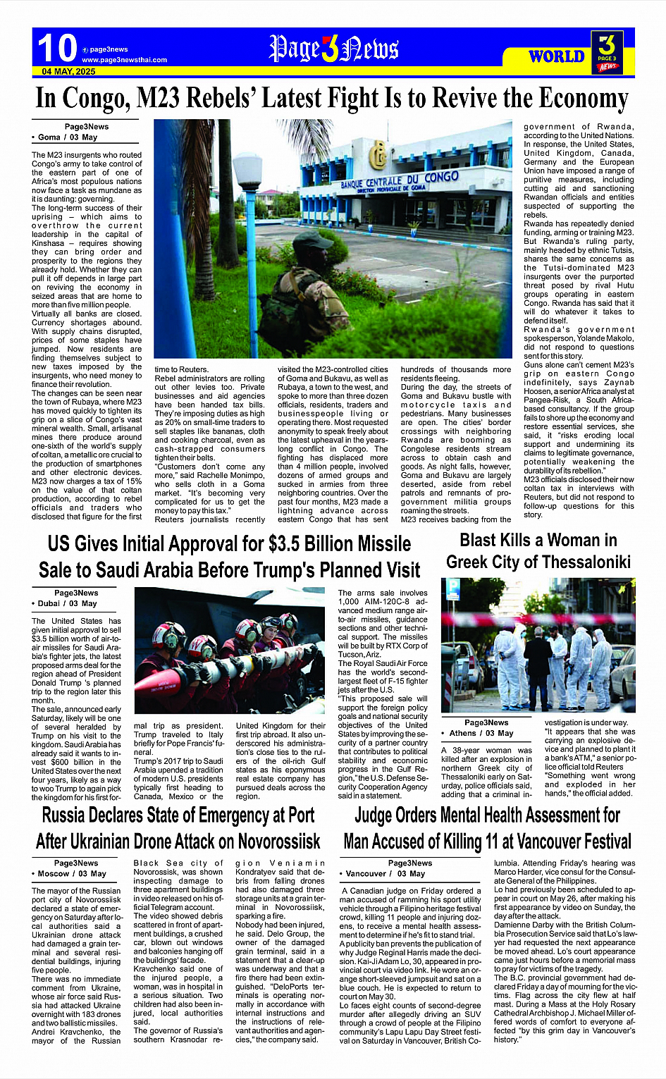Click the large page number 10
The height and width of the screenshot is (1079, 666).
56,48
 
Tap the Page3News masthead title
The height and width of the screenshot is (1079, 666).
334,49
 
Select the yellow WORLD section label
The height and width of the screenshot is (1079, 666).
556,56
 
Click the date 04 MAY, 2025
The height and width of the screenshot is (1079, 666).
68,72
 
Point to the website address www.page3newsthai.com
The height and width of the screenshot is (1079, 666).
124,60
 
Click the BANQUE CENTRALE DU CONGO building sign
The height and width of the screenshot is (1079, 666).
399,180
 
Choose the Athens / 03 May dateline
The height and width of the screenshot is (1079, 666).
481,733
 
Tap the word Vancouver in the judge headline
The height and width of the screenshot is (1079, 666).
522,841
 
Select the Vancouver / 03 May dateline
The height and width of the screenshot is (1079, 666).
386,873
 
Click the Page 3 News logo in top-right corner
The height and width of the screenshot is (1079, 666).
607,51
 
